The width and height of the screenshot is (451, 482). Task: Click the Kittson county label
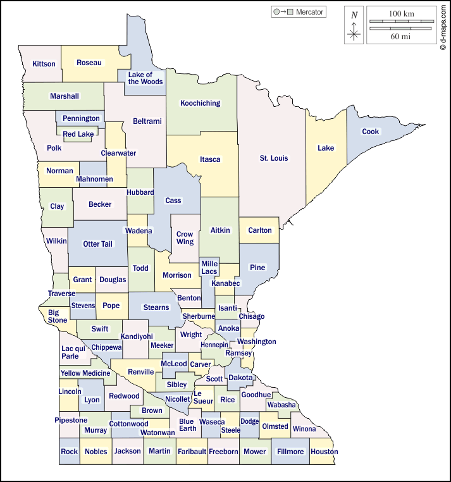coord(44,64)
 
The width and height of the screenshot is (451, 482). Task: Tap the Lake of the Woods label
coord(145,78)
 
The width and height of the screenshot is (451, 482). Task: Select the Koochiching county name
coord(200,103)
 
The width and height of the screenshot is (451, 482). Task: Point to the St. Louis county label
coord(273,158)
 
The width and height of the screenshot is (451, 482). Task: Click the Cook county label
coord(371,132)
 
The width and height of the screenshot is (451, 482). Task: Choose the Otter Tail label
coord(97,244)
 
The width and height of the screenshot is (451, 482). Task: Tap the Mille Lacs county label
coord(209,267)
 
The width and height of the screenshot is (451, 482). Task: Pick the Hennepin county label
coord(214,345)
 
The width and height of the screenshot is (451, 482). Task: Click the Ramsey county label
coord(238,353)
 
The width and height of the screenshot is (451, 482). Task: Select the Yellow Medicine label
coord(85,373)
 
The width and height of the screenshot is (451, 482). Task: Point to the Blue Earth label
coord(187,426)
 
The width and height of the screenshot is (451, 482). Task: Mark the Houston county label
coord(324,452)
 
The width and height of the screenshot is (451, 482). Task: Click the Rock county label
coord(70,452)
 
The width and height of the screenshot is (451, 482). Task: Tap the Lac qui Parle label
coord(70,352)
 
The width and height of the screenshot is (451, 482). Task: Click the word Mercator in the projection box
coord(309,12)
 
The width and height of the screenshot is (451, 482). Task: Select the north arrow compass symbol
coord(354,27)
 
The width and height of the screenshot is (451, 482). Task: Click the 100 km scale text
coord(401,13)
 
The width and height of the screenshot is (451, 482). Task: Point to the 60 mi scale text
coord(401,37)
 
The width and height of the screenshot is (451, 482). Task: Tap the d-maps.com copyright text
coord(444,28)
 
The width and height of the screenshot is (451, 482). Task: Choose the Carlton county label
coord(259,230)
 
